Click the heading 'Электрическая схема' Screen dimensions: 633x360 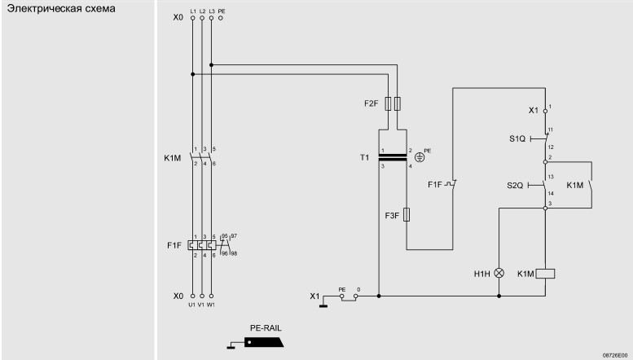point(61,8)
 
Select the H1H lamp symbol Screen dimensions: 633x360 point(499,273)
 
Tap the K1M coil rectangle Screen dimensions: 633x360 point(545,274)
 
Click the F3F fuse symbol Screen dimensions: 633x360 point(407,215)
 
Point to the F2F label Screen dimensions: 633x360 point(371,103)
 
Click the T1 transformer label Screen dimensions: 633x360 point(364,157)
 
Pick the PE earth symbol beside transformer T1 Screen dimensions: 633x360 point(420,157)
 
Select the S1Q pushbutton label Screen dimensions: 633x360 point(517,138)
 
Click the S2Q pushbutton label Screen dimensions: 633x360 point(515,185)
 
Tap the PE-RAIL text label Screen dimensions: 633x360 point(266,328)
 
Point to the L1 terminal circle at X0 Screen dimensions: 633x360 point(192,18)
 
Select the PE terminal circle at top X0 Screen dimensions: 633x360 point(221,18)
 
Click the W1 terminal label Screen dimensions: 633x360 point(211,305)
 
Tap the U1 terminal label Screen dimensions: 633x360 point(191,305)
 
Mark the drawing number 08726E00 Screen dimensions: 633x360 point(615,355)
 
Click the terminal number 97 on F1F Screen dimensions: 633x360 point(234,235)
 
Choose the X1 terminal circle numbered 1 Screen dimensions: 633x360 point(545,111)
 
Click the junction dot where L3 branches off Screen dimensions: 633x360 point(211,64)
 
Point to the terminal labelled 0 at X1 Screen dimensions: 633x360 point(356,296)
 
